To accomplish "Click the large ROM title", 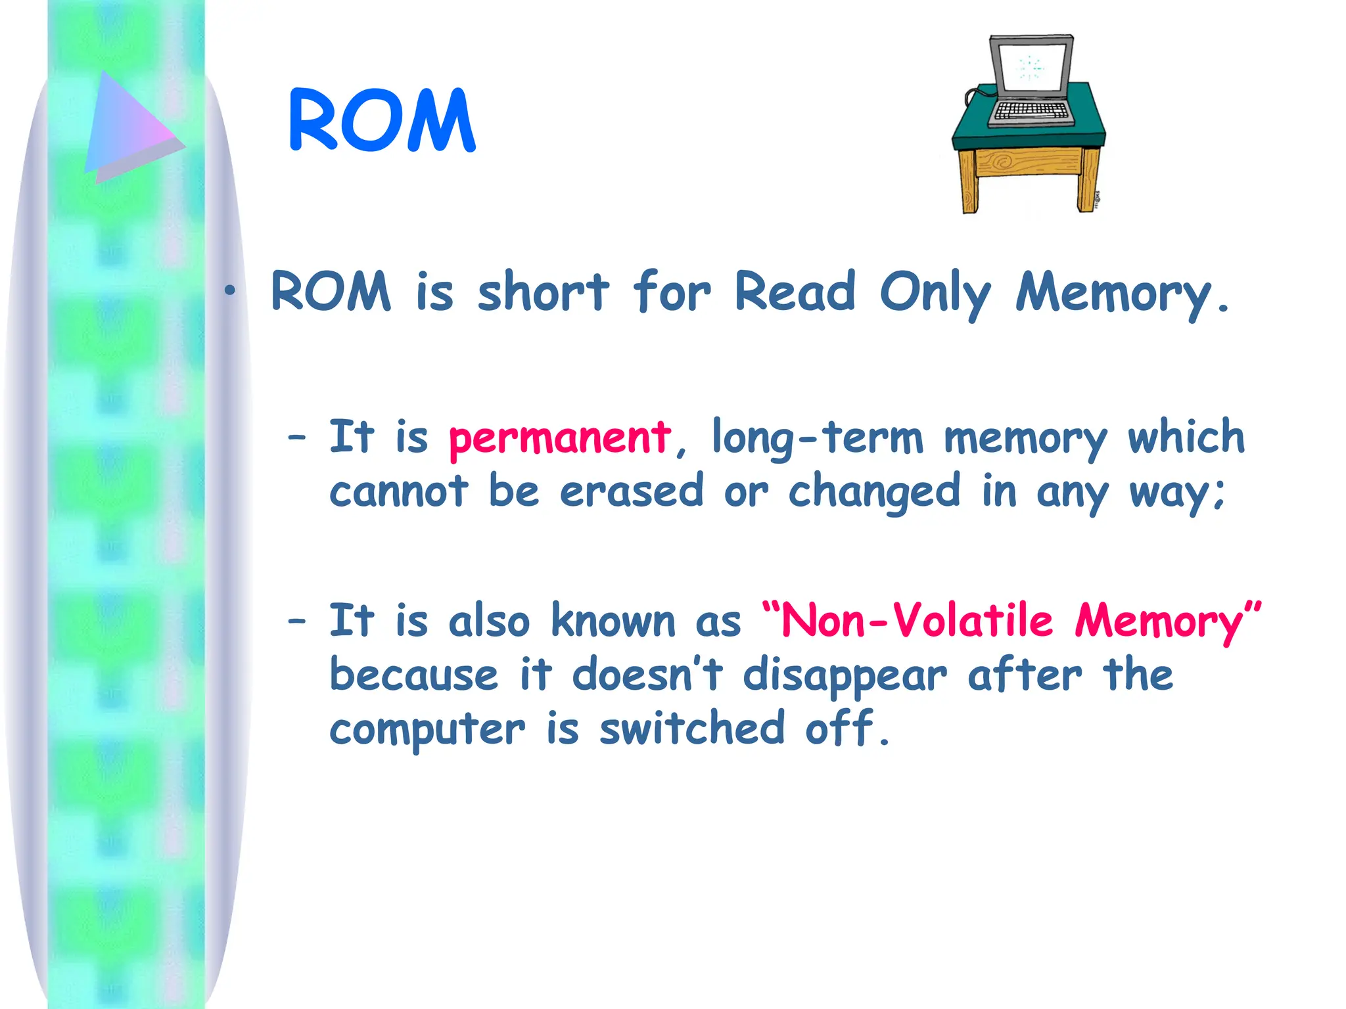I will coord(381,121).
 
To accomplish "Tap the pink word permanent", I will coord(559,439).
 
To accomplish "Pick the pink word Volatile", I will coord(973,621).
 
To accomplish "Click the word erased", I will coord(631,491).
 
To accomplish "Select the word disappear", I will coord(845,675).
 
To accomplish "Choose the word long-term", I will coord(818,437).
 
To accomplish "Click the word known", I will coord(613,621).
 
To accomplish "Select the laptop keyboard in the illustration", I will coord(1031,110).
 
